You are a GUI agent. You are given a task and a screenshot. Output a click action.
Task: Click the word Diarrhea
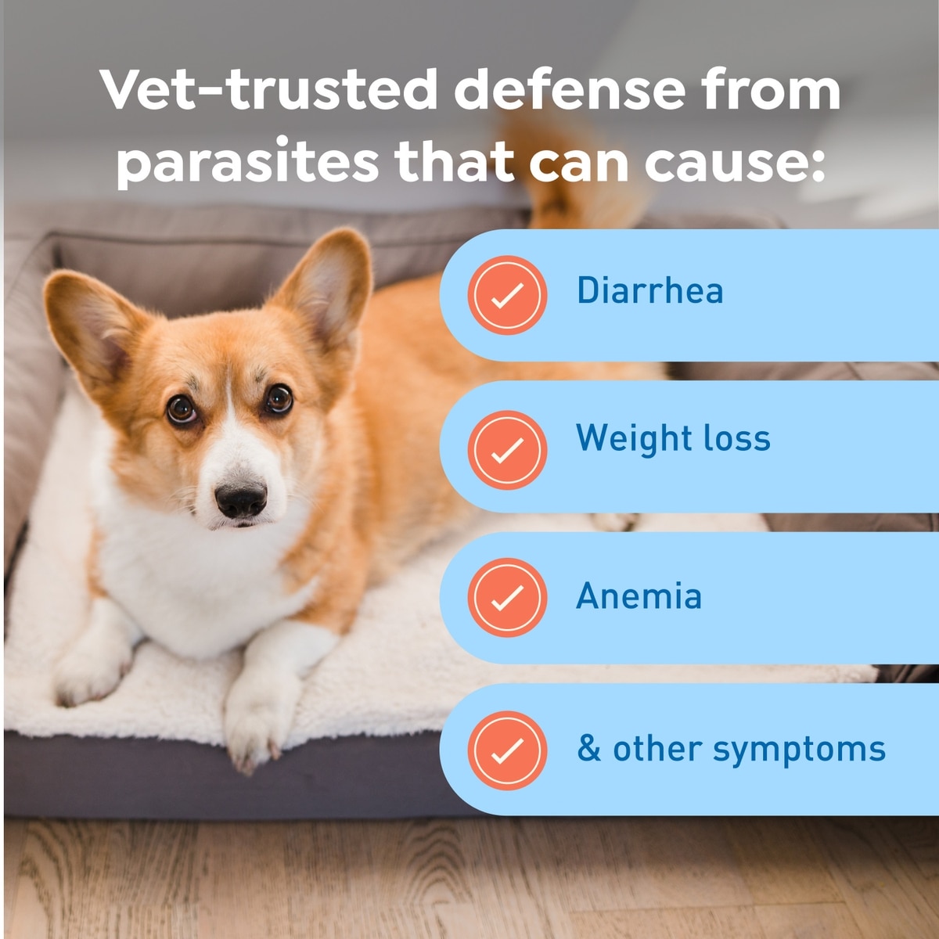649,290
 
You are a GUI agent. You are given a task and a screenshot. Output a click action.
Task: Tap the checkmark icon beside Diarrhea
507,295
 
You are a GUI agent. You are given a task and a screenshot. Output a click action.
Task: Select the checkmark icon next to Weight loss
507,449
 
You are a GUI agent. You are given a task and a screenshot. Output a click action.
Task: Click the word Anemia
639,595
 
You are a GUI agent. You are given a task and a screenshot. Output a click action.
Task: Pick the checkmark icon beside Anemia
507,597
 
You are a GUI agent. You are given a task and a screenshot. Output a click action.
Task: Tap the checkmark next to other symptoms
507,750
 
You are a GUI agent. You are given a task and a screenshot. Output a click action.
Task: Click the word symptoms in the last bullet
799,752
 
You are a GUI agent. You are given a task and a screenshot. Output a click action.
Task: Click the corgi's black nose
241,499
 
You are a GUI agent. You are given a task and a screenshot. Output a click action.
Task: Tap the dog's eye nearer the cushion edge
182,408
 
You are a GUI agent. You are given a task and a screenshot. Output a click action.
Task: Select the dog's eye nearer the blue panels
279,398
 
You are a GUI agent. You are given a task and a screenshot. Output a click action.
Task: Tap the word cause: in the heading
735,164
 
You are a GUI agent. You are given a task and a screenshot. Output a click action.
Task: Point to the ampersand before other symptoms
588,749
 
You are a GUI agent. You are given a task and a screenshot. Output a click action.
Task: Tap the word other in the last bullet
657,749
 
